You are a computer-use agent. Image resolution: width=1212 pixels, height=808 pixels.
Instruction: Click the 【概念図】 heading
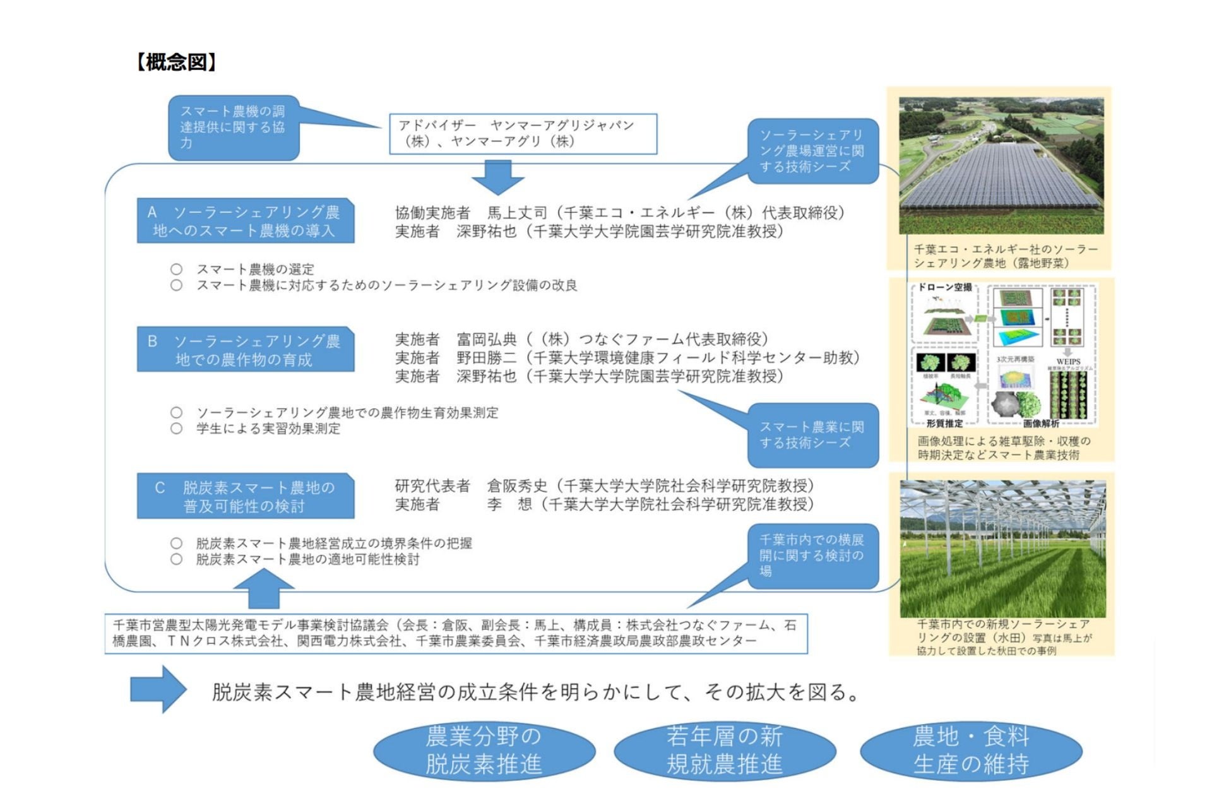click(176, 62)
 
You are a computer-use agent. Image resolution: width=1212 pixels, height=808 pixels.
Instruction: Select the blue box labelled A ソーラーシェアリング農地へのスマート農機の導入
click(246, 221)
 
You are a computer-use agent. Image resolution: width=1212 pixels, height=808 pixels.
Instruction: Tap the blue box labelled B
click(246, 350)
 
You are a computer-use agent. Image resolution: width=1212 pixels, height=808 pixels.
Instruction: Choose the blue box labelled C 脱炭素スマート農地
click(246, 496)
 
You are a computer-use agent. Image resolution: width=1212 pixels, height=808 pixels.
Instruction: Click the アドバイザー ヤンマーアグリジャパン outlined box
click(523, 134)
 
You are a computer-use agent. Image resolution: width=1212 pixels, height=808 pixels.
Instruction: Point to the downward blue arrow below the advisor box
click(498, 177)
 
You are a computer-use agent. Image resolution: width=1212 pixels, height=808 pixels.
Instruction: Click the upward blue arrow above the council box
click(264, 588)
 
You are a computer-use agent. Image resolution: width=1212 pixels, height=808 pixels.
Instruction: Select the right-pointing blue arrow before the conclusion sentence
click(158, 689)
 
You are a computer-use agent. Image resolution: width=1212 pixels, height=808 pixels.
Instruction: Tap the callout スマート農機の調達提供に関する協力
click(234, 128)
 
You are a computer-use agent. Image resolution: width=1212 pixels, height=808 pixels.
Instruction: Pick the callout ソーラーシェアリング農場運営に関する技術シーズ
click(813, 151)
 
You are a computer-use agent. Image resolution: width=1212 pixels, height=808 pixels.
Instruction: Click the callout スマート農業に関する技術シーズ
click(813, 435)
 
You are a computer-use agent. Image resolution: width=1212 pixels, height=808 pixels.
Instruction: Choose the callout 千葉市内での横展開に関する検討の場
click(813, 555)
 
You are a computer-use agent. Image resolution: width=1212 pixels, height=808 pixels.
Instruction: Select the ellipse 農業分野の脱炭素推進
click(484, 751)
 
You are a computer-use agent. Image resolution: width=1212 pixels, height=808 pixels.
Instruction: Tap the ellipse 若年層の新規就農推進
click(725, 751)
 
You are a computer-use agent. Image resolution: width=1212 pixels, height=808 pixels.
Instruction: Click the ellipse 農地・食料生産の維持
click(971, 751)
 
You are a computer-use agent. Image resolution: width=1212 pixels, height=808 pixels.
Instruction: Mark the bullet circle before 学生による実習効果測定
click(177, 429)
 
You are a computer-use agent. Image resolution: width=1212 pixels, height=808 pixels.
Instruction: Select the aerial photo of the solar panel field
click(1001, 165)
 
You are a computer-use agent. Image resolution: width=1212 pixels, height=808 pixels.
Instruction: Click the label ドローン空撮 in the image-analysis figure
click(944, 287)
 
